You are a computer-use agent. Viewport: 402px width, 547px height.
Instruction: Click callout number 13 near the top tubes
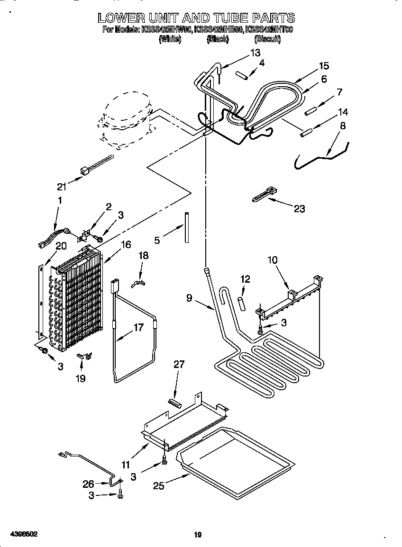coord(255,53)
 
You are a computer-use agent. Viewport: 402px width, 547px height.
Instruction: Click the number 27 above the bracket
coord(179,364)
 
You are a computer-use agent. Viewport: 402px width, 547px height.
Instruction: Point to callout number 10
coord(272,260)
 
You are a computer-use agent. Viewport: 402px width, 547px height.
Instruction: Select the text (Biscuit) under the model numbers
coord(267,40)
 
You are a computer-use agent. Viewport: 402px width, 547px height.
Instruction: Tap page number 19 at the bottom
coord(198,535)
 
